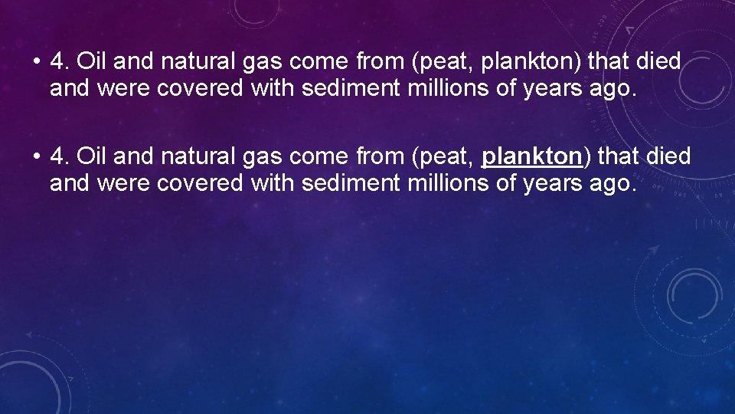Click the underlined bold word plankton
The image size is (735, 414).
click(x=532, y=157)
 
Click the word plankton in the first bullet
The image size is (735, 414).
click(x=518, y=61)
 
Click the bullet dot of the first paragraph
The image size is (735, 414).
click(x=36, y=61)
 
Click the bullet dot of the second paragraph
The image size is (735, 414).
click(x=36, y=157)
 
